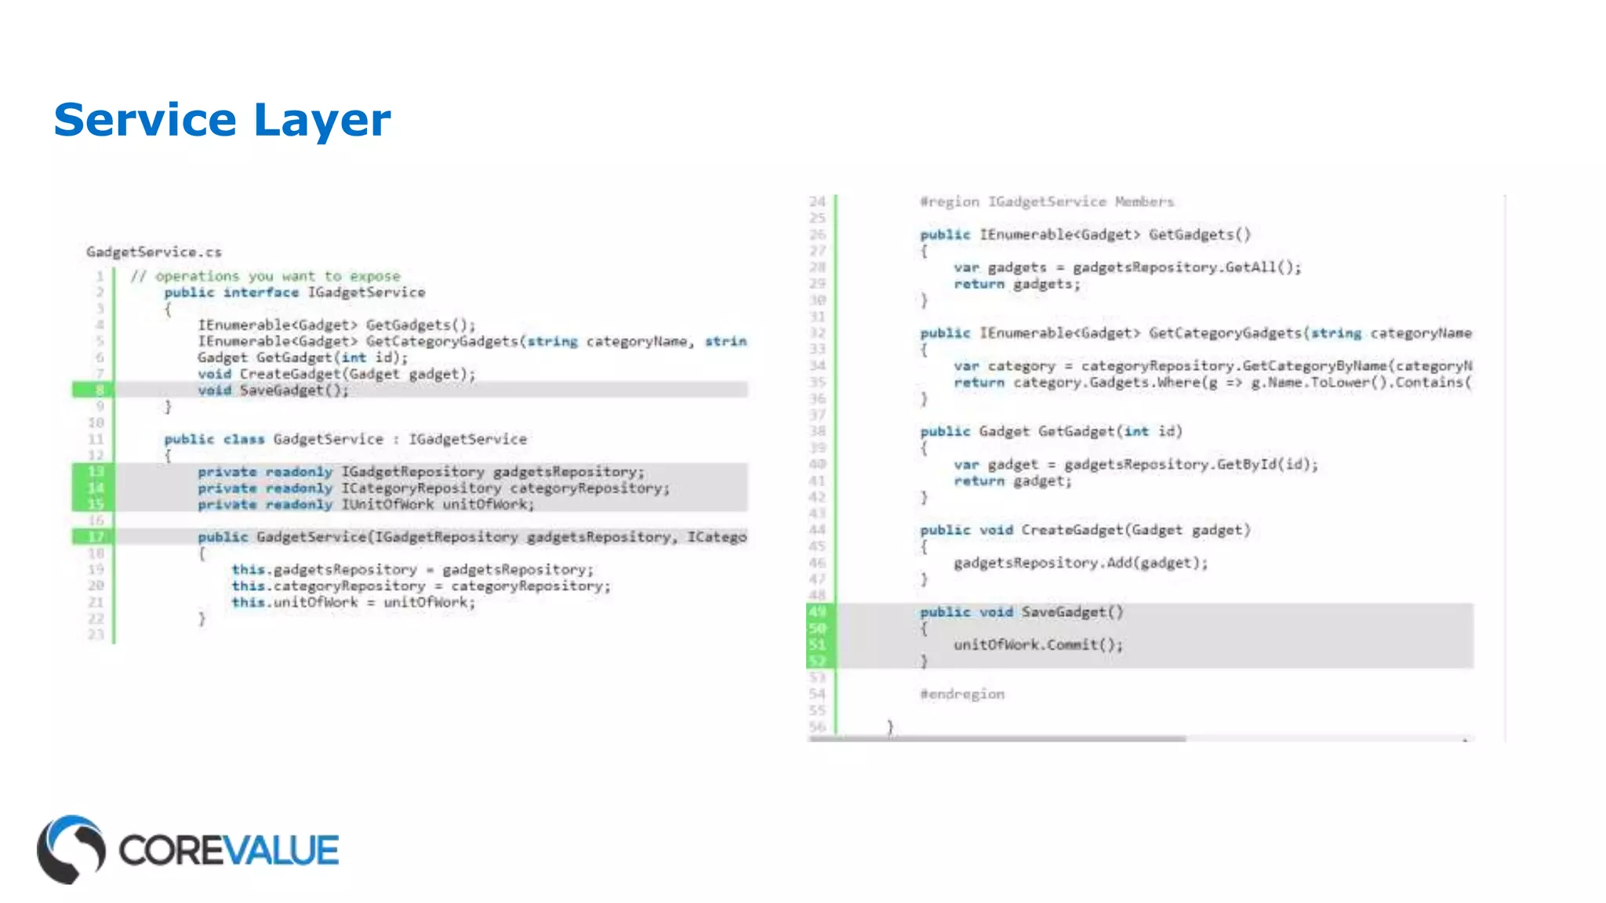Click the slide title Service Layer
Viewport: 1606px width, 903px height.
click(x=222, y=120)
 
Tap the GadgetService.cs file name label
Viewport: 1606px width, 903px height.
click(x=154, y=252)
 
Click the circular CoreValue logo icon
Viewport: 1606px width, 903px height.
click(x=71, y=849)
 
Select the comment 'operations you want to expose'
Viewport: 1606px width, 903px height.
click(x=277, y=276)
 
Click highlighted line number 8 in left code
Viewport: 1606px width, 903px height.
click(x=99, y=390)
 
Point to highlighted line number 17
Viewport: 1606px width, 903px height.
click(x=96, y=537)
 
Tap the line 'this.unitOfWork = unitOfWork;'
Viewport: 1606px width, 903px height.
click(x=353, y=602)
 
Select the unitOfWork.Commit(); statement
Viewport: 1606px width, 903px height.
click(x=1038, y=644)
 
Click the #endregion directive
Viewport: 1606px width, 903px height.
click(x=961, y=694)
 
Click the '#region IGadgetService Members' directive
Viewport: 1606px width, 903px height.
click(x=1047, y=201)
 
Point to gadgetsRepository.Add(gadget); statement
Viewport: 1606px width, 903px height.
click(x=1081, y=563)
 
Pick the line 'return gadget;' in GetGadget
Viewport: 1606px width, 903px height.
click(x=1012, y=481)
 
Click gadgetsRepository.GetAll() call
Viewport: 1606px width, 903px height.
click(x=1186, y=267)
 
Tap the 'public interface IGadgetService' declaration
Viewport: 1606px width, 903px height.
click(x=295, y=292)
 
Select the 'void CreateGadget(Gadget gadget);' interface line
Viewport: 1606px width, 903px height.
click(x=336, y=374)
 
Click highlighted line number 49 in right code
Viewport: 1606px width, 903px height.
click(x=817, y=611)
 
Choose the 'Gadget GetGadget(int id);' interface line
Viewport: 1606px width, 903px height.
click(x=303, y=357)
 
